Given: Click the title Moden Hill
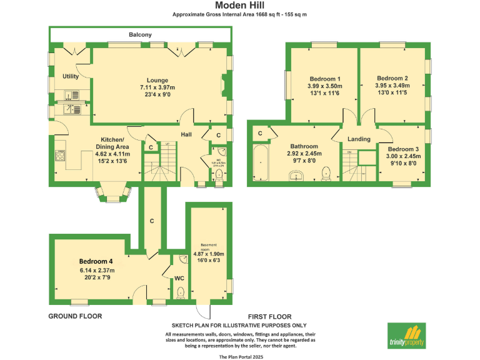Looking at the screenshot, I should [239, 5].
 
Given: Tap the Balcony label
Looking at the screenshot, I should [140, 35].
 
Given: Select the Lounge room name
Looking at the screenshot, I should [157, 80].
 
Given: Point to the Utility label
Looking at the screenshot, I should [71, 76].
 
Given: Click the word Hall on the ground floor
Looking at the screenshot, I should [186, 134].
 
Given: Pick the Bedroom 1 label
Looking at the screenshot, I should [324, 78].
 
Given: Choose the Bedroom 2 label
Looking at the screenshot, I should [392, 78].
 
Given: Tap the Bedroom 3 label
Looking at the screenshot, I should [402, 149].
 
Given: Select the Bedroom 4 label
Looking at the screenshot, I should [96, 261].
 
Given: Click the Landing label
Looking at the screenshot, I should [359, 139].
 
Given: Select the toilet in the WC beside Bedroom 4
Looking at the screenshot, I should [180, 291].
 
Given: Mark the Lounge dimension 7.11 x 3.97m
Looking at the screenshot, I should [157, 88].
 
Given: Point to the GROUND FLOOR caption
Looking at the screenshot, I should [75, 316].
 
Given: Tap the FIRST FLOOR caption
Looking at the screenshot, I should [269, 316].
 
